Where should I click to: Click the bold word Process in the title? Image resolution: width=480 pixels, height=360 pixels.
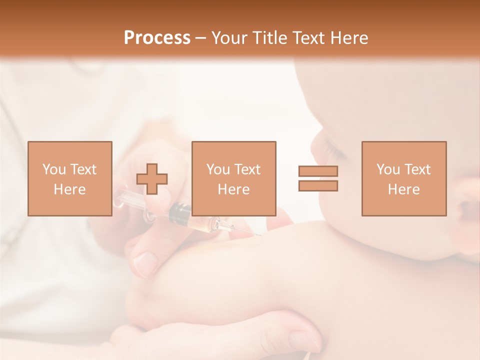pyautogui.click(x=157, y=38)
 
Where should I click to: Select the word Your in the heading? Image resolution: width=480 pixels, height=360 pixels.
pyautogui.click(x=230, y=38)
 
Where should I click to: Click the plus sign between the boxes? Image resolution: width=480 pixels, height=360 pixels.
pyautogui.click(x=152, y=178)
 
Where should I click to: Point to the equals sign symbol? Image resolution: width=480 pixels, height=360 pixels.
pyautogui.click(x=318, y=178)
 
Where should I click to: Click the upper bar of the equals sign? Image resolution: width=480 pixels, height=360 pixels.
pyautogui.click(x=318, y=171)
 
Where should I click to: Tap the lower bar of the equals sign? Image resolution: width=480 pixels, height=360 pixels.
pyautogui.click(x=318, y=186)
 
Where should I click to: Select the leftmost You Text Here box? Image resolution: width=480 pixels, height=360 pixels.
pyautogui.click(x=69, y=178)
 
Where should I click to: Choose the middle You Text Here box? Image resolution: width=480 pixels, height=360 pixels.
pyautogui.click(x=233, y=178)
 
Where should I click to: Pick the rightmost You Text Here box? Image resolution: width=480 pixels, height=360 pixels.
pyautogui.click(x=403, y=178)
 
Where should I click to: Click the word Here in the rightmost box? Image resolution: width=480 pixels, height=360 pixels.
pyautogui.click(x=403, y=189)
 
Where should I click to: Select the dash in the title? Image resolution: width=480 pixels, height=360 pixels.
pyautogui.click(x=200, y=38)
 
